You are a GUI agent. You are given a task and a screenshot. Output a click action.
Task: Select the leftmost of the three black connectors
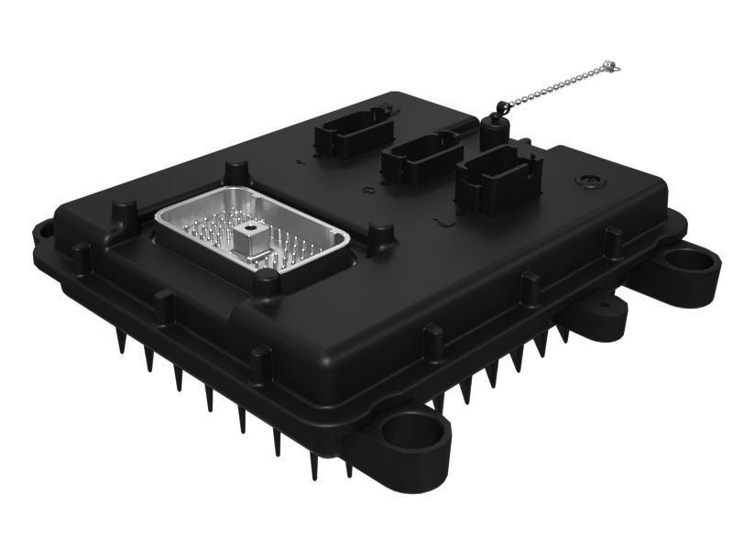coord(342,137)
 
